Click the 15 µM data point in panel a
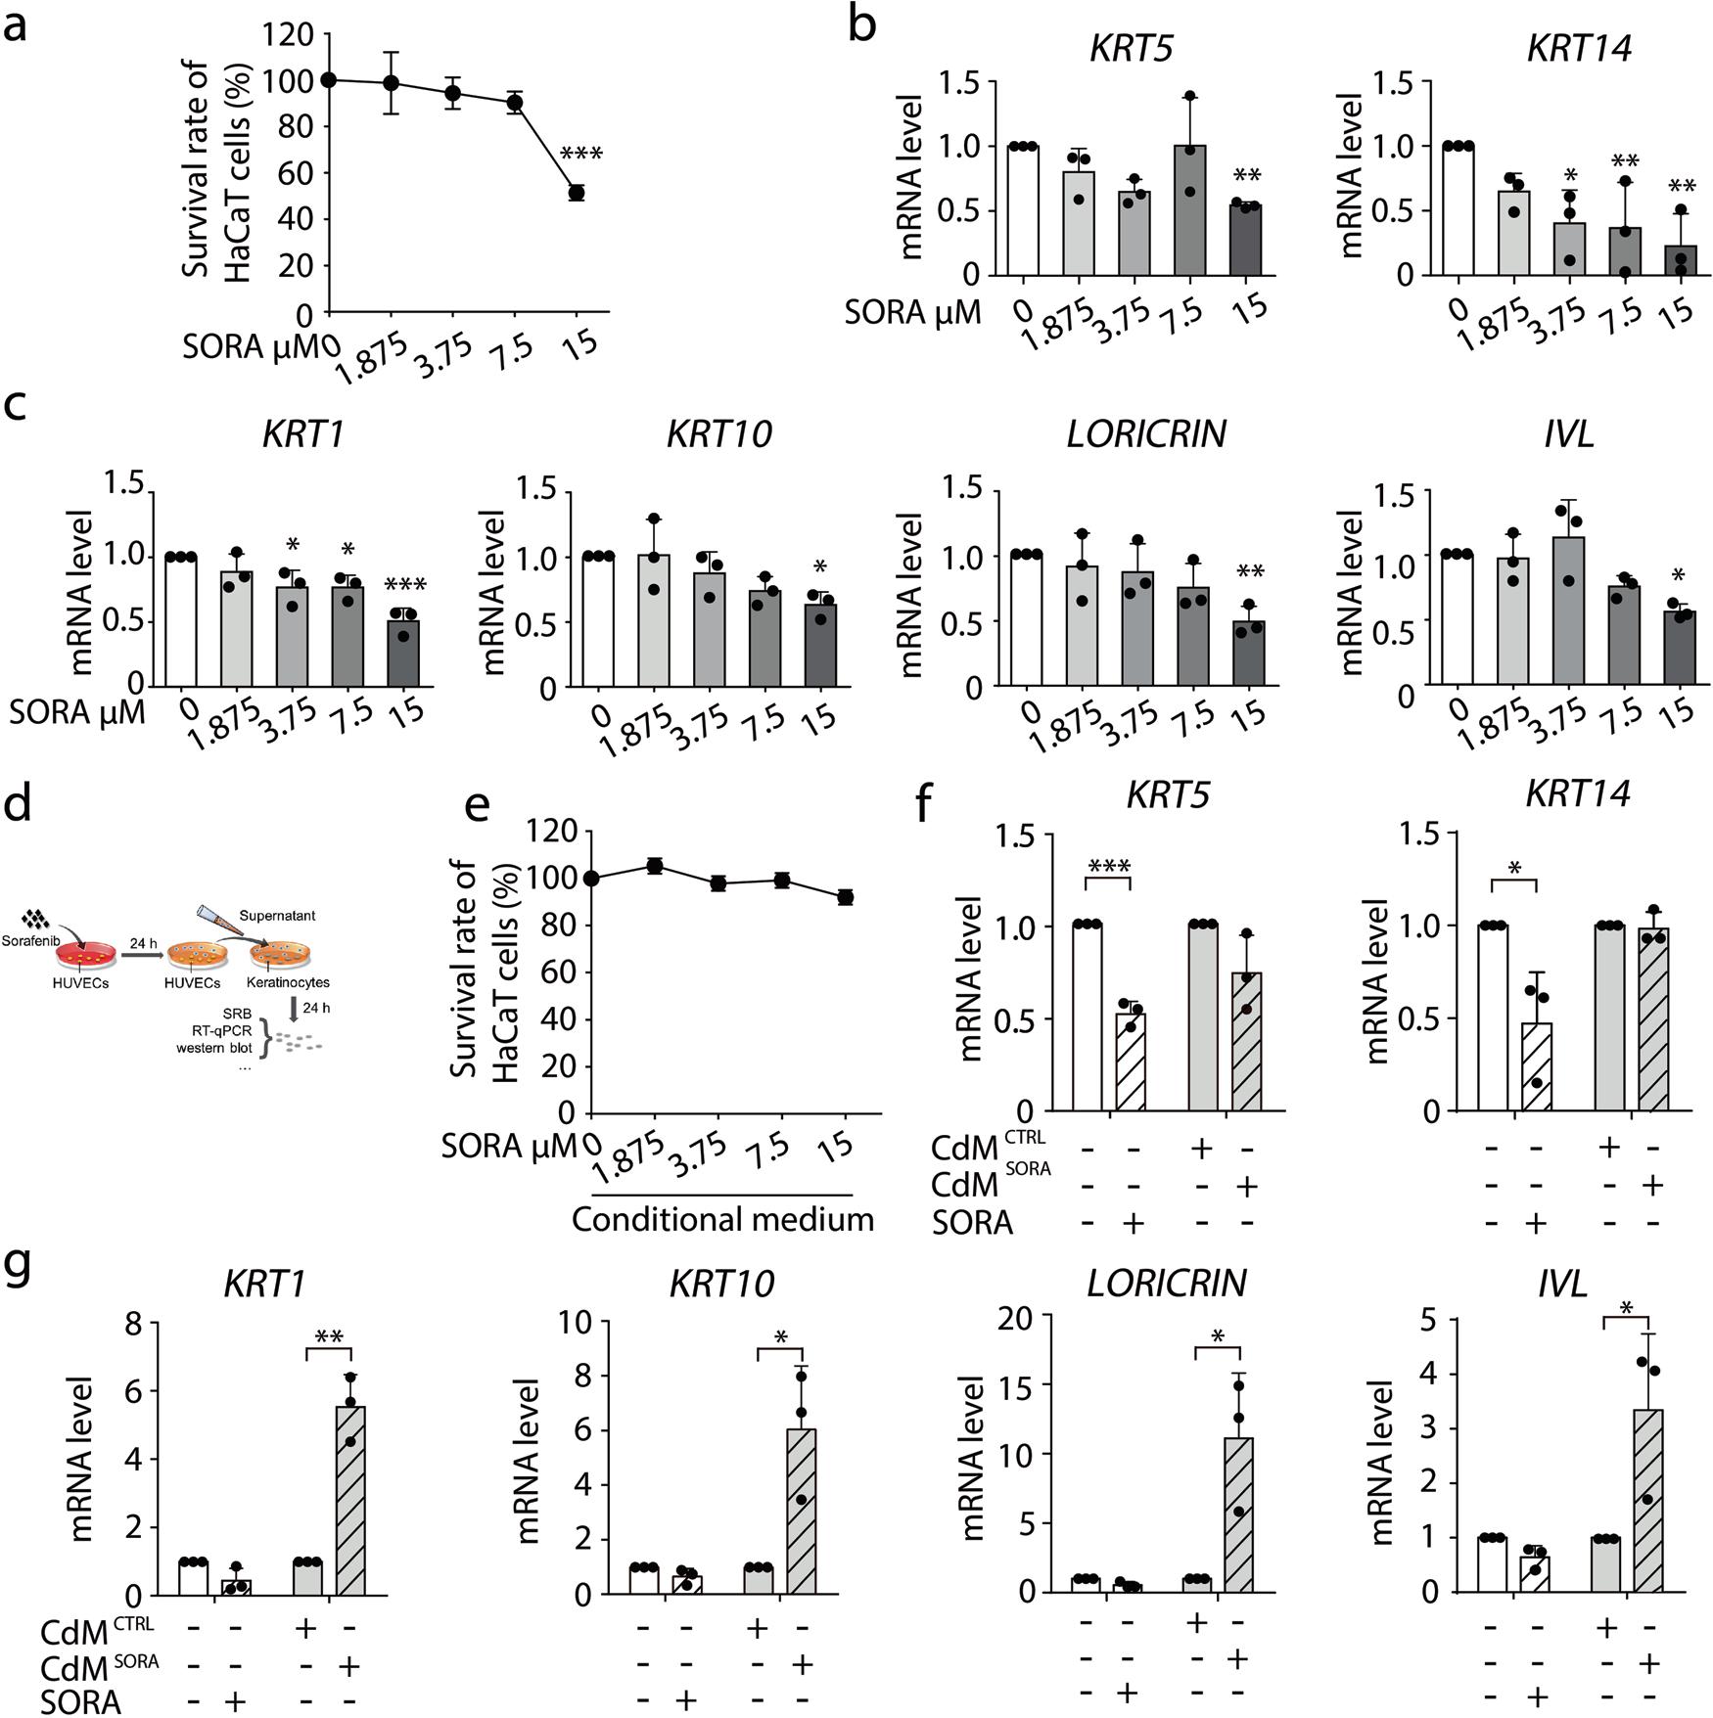577,193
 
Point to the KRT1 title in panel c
303,433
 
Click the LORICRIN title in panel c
1146,433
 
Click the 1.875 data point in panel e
655,866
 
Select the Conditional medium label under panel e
722,1220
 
